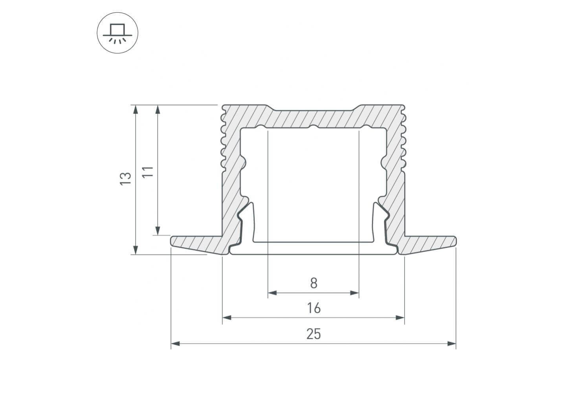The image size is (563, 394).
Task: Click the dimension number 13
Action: [125, 179]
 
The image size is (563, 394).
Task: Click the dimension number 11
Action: [148, 172]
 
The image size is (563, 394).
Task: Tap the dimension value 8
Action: [314, 283]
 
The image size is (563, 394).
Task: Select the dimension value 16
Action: [314, 308]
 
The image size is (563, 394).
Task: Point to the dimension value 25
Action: [314, 334]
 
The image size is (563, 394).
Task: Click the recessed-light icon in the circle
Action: [117, 33]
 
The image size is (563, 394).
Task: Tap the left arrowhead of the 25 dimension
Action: [175, 344]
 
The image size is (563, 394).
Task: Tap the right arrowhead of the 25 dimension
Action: [452, 344]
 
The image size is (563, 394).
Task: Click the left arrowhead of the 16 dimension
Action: [227, 318]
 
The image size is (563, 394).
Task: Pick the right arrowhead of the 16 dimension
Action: [400, 318]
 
